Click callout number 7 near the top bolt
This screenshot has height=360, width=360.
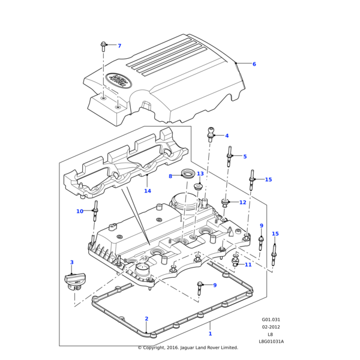pyautogui.click(x=119, y=46)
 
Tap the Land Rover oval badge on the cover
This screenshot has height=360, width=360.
pyautogui.click(x=119, y=80)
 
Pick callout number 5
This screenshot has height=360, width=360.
pyautogui.click(x=245, y=157)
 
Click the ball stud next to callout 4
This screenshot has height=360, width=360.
pyautogui.click(x=211, y=132)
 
